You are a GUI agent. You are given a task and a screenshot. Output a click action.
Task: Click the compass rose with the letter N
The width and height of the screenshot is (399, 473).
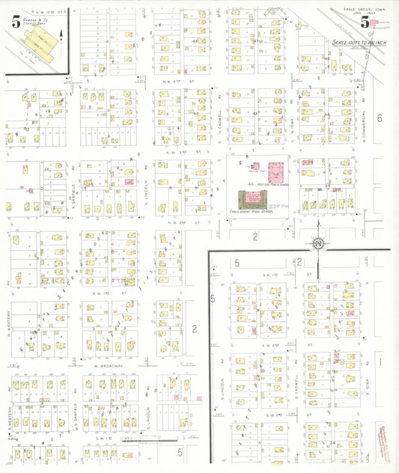318,243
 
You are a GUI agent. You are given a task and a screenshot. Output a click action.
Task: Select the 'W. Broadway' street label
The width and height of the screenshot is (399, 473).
109,367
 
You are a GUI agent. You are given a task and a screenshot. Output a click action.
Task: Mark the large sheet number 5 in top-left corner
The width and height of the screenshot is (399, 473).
15,22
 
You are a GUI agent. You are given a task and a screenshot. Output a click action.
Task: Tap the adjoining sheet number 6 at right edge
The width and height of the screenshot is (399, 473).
380,118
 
